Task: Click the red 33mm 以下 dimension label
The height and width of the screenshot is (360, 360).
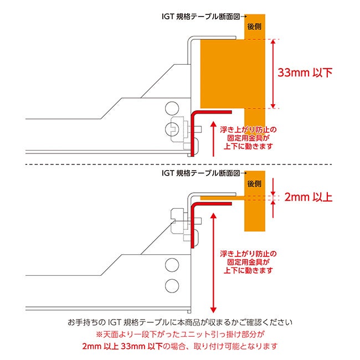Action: click(x=305, y=73)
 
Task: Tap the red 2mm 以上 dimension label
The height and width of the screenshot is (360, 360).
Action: click(x=308, y=197)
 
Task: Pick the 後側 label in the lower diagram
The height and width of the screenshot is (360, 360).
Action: click(x=254, y=183)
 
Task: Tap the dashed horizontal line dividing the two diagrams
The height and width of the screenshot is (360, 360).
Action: click(x=180, y=164)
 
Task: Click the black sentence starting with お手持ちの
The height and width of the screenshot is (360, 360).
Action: click(x=180, y=322)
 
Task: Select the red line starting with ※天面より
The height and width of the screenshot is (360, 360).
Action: click(x=180, y=334)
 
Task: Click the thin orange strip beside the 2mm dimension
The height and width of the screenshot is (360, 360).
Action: click(x=222, y=197)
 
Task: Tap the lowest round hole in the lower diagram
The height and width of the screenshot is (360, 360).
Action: click(x=172, y=286)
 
